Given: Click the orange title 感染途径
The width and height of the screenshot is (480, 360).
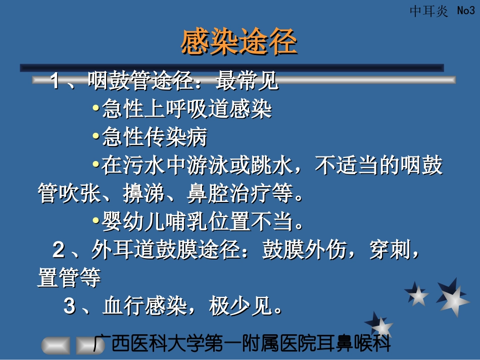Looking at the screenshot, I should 238,42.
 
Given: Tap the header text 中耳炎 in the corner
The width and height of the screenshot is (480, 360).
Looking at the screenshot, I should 428,11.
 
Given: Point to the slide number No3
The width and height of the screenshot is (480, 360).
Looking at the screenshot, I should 465,11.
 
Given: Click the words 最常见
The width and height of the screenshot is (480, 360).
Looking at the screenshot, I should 247,81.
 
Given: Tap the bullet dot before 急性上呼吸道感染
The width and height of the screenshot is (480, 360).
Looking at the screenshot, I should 96,109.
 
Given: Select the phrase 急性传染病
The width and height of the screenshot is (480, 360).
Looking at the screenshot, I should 154,137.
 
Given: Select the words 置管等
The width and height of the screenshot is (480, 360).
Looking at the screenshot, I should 69,278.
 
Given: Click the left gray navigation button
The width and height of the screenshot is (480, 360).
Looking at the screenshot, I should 56,346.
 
